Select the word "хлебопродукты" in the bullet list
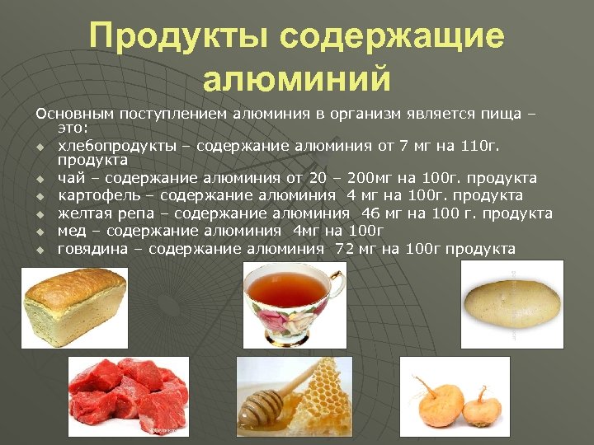click(116, 146)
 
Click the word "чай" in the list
click(68, 177)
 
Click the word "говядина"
click(92, 249)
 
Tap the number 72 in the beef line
click(345, 249)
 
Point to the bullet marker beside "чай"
click(39, 179)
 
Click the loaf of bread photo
click(74, 305)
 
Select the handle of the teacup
click(337, 288)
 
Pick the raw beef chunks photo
click(128, 396)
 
